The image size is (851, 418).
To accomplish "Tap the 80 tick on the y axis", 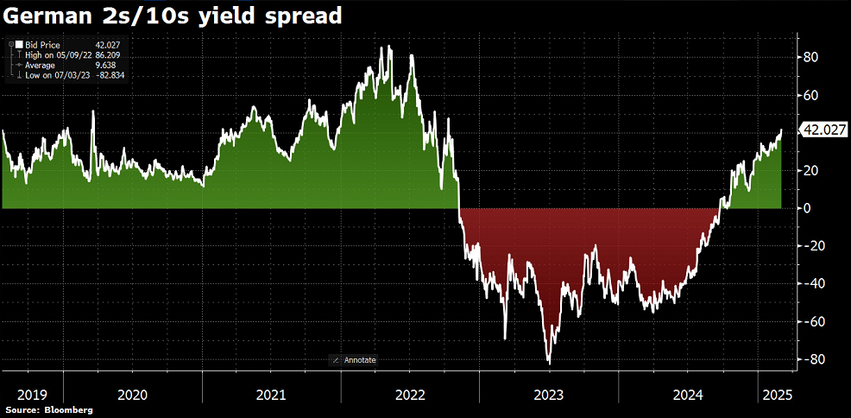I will [x=812, y=57].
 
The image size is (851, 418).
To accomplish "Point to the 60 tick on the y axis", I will [x=812, y=95].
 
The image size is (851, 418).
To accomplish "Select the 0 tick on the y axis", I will [x=809, y=208].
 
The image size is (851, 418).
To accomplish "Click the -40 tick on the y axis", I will [x=812, y=284].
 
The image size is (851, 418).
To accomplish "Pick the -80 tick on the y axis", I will [x=812, y=359].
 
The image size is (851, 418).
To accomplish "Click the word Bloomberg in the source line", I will [x=67, y=409].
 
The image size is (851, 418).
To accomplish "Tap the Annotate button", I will [x=355, y=359].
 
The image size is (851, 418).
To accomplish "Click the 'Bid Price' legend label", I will [x=42, y=44].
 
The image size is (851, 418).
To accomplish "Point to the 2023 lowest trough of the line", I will [x=549, y=362].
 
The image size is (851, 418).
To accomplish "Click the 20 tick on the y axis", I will [x=812, y=170].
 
